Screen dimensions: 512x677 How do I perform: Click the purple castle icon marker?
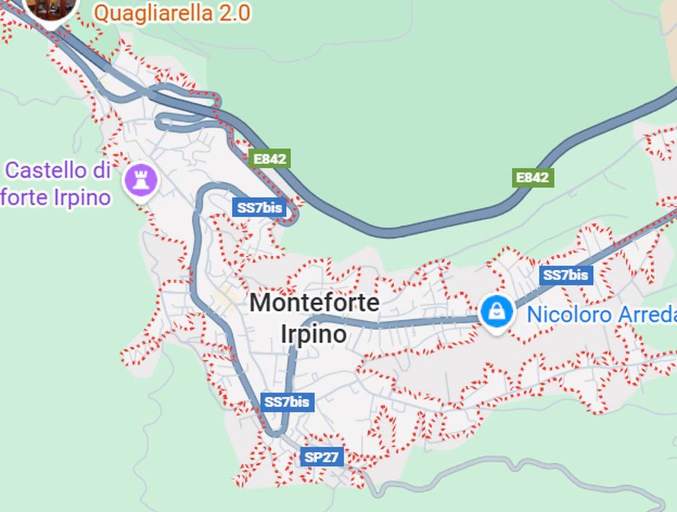(141, 179)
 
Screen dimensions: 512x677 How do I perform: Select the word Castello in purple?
(46, 171)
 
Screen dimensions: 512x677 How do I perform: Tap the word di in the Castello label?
(101, 171)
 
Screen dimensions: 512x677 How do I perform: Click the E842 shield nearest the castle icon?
(269, 159)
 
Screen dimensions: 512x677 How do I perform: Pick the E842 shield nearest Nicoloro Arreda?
(533, 177)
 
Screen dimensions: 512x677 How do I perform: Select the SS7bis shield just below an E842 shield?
(259, 207)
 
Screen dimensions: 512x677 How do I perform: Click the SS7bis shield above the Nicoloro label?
(566, 275)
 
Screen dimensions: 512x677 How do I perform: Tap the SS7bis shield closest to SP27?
(287, 402)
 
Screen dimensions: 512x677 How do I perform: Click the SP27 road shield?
(322, 457)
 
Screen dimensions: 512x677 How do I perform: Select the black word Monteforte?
(314, 303)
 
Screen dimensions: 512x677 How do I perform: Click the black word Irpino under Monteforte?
(313, 333)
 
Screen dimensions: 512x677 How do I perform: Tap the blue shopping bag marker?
(496, 311)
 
